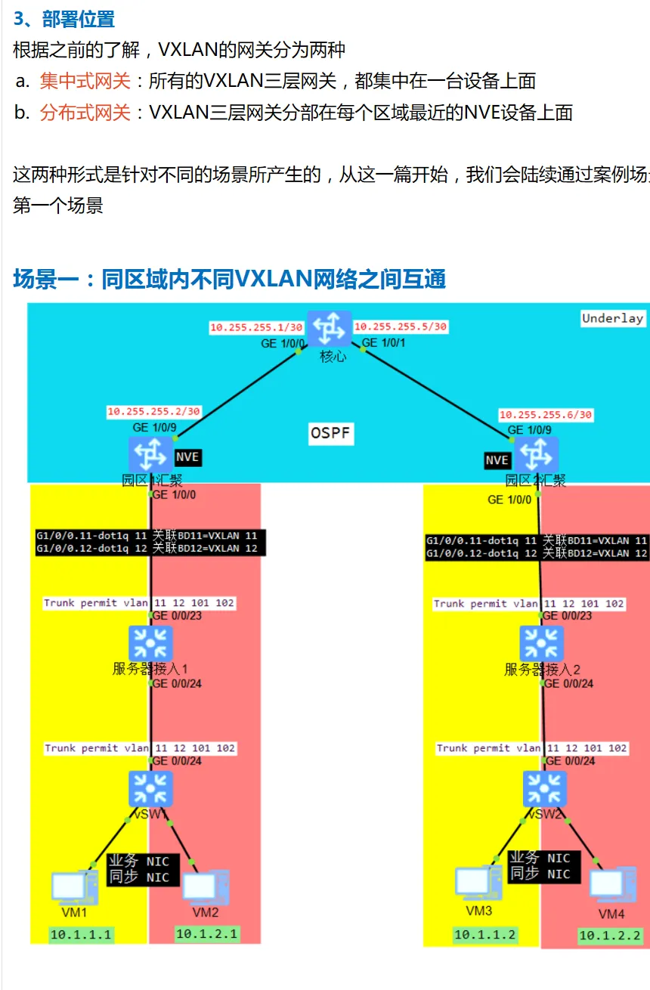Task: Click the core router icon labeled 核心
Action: [330, 329]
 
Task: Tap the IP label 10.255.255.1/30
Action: [256, 328]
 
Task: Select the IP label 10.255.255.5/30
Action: [401, 326]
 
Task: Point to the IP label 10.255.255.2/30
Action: [153, 412]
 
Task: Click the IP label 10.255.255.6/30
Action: [545, 415]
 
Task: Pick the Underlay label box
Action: [612, 318]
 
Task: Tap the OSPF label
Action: [331, 434]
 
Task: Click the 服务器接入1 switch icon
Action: [150, 643]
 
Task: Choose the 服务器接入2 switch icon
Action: [541, 643]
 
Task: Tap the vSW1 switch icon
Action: [150, 788]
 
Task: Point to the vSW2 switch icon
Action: [544, 788]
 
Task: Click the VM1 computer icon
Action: [74, 887]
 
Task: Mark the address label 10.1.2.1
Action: [206, 934]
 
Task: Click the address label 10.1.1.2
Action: [484, 935]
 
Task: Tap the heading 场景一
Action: [46, 279]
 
